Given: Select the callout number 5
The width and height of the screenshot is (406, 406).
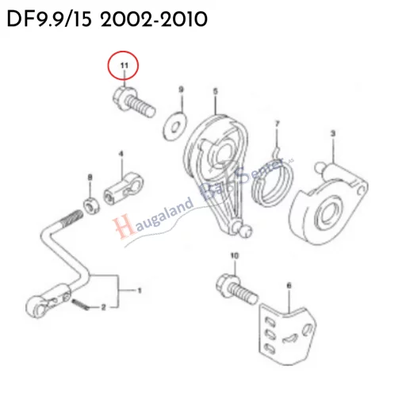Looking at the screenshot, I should pyautogui.click(x=215, y=91).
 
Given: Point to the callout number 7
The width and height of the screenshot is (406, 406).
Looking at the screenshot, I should pyautogui.click(x=277, y=124).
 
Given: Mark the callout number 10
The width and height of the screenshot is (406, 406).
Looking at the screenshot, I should pyautogui.click(x=234, y=255).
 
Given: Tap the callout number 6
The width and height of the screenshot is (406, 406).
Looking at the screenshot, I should pyautogui.click(x=289, y=285).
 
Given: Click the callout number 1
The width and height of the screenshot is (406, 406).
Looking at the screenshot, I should pyautogui.click(x=140, y=291).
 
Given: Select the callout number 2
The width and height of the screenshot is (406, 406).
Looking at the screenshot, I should pyautogui.click(x=103, y=307).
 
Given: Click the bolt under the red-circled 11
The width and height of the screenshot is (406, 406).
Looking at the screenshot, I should pyautogui.click(x=132, y=102).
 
